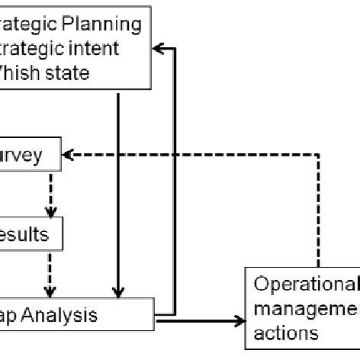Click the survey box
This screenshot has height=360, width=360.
(30, 156)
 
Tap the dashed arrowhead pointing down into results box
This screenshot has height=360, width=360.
(50, 213)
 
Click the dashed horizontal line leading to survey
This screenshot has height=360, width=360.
(191, 156)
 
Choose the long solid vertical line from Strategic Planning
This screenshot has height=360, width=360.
(118, 191)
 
